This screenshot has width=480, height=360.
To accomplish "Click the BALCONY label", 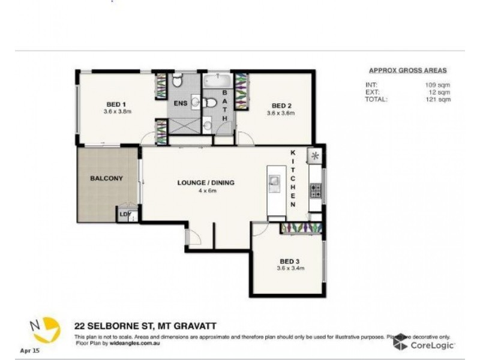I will (106, 178).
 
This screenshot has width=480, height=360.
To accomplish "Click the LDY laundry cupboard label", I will (125, 214).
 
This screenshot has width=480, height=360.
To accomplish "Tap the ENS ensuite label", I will (181, 103).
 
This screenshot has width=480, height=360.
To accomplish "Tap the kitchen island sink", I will (275, 181).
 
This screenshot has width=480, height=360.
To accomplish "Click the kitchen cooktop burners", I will (315, 191).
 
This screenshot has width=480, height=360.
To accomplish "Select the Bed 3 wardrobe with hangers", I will (301, 228).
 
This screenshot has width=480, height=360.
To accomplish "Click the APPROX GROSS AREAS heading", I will (407, 70).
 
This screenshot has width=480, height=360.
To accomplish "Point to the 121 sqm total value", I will (440, 100).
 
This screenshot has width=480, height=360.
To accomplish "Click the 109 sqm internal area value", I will (440, 85).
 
